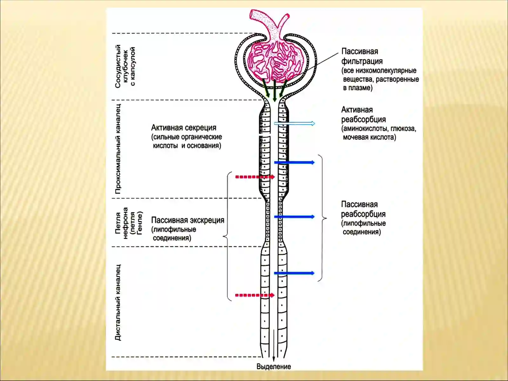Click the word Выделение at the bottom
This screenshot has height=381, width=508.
[274, 366]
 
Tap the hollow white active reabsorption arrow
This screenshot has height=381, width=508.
[295, 124]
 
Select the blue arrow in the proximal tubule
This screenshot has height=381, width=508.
[294, 162]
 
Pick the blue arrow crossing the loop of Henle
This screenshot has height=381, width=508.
[294, 217]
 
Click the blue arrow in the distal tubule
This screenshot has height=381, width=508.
[294, 273]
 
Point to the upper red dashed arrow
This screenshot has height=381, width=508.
[255, 177]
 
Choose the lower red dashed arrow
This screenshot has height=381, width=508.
[255, 295]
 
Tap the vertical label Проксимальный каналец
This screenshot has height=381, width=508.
[118, 149]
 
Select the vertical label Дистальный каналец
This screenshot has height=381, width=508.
[118, 303]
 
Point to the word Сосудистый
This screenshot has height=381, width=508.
[118, 66]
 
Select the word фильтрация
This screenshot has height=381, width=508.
[362, 61]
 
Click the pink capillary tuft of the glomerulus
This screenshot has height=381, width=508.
[274, 61]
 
